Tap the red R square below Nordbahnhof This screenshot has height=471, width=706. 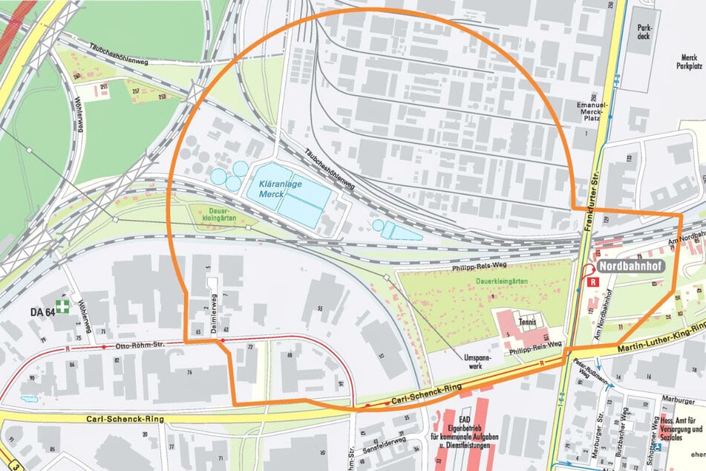pos(593,282)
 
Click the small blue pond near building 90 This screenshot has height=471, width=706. pos(30,399)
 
